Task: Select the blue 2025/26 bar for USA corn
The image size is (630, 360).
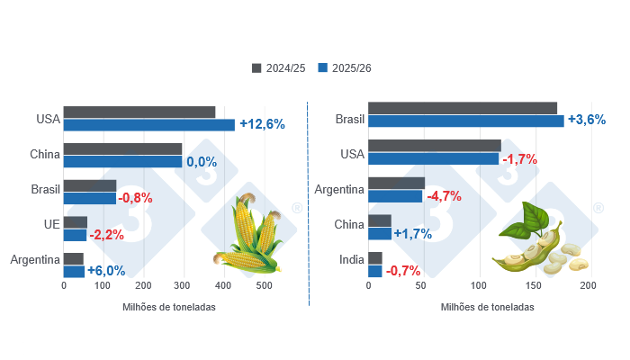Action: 148,125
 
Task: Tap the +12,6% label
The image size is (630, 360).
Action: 262,125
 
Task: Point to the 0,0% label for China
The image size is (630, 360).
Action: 202,162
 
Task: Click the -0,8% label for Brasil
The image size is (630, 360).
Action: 136,198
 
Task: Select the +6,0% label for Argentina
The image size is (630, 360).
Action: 105,271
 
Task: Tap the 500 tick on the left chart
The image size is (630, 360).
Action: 264,286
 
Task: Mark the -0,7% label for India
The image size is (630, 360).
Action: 402,271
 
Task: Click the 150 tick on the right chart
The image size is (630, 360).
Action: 533,286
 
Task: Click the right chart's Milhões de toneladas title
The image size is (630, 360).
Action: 487,307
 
